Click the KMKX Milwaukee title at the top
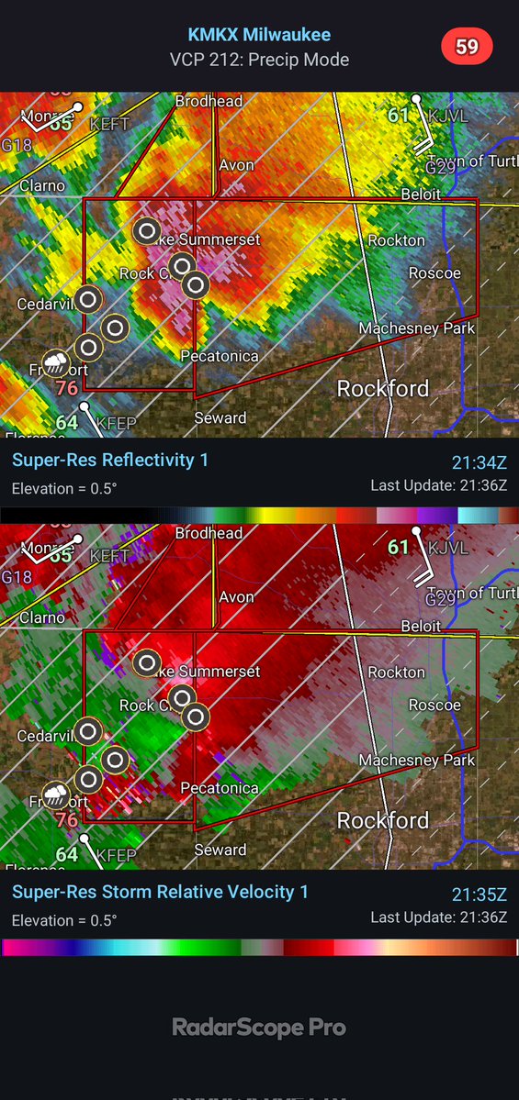click(x=259, y=35)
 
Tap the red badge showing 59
click(x=467, y=47)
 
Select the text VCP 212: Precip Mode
click(x=259, y=60)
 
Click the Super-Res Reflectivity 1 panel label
click(x=110, y=460)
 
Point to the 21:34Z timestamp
click(x=479, y=461)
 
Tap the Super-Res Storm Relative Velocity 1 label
click(x=160, y=892)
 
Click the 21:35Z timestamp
click(x=479, y=894)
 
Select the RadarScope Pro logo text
click(x=259, y=1028)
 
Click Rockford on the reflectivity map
click(x=383, y=388)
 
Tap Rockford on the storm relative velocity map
click(x=383, y=820)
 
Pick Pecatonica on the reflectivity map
click(x=220, y=356)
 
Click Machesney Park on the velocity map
click(x=417, y=761)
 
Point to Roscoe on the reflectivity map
click(x=434, y=273)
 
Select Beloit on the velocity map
click(x=421, y=626)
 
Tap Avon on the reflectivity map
click(x=236, y=166)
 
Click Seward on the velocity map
click(x=220, y=850)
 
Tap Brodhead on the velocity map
click(x=209, y=533)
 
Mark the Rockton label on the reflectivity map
click(x=396, y=240)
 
